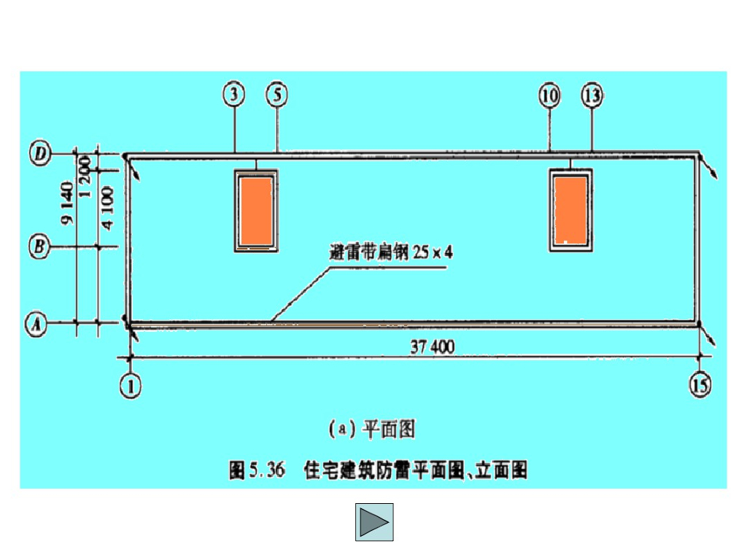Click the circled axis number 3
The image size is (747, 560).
pos(234,94)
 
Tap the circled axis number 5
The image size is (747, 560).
pos(276,94)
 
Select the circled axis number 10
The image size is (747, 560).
pos(549,94)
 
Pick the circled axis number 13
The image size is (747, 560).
pos(592,94)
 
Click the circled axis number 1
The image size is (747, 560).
pos(131,386)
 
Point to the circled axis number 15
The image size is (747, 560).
pos(700,385)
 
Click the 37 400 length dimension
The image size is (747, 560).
pos(432,347)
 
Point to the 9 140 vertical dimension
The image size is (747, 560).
pos(68,201)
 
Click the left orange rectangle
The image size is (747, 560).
pos(255,209)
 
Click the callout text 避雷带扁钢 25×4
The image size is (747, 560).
pos(391,254)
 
